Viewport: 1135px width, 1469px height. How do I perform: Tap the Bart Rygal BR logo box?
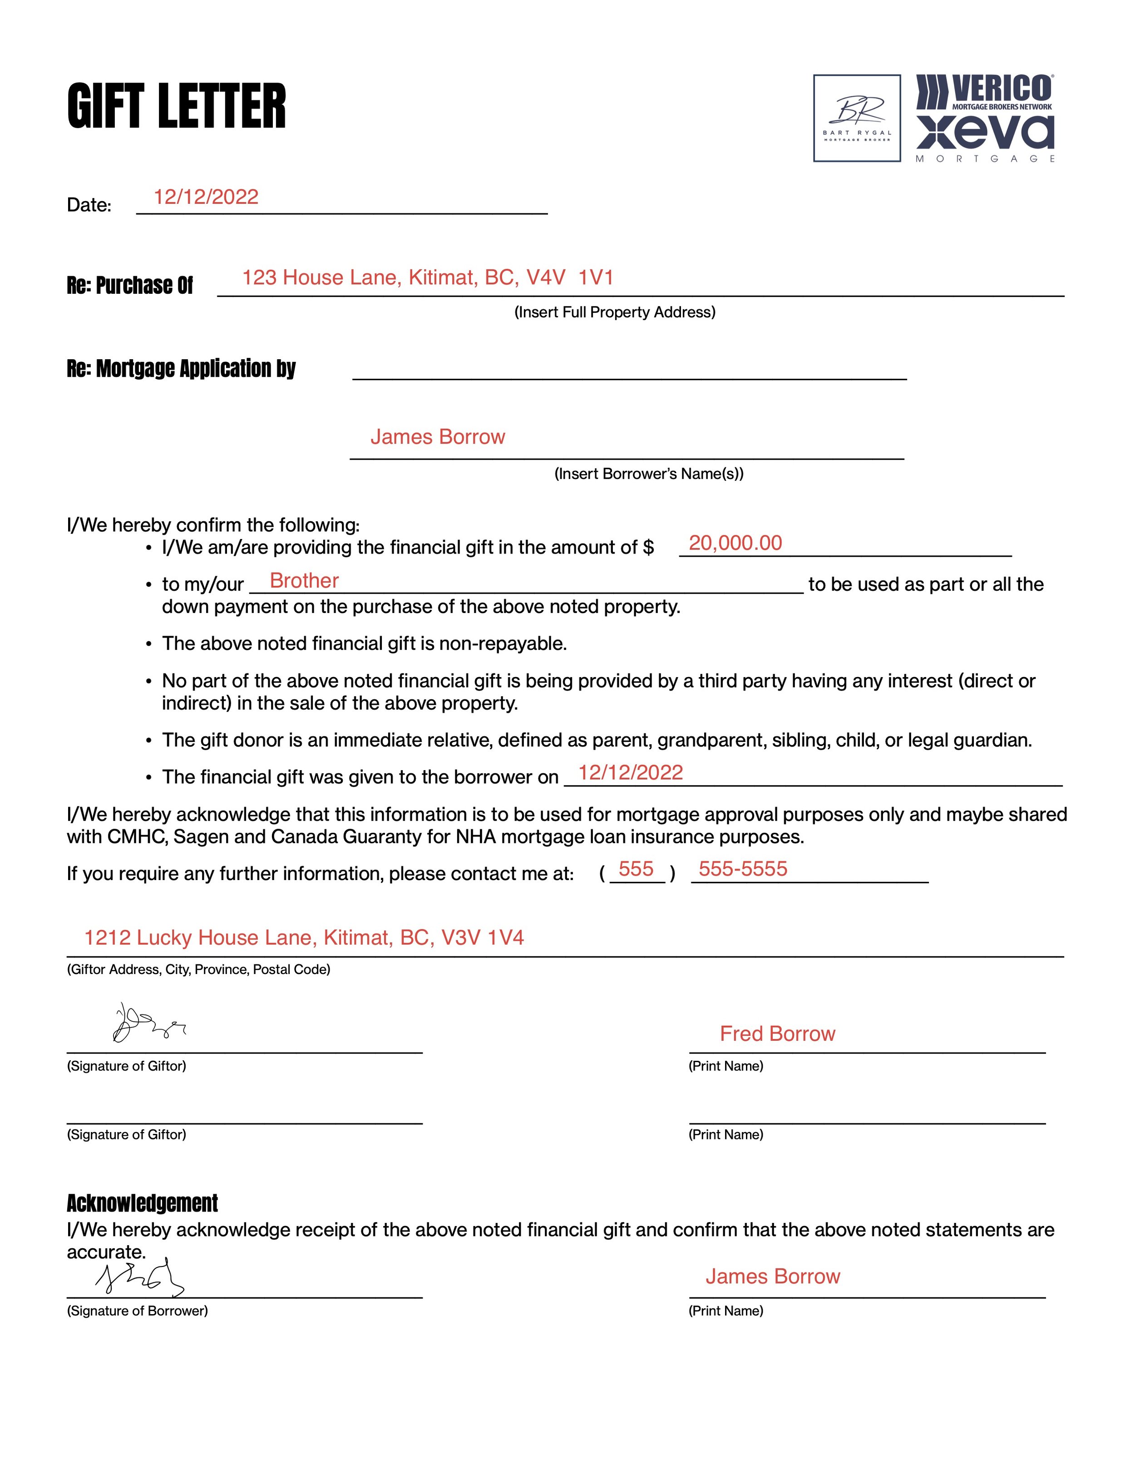point(857,119)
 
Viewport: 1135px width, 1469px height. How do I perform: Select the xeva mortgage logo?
point(985,134)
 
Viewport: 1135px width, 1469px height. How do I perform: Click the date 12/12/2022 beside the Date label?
point(206,197)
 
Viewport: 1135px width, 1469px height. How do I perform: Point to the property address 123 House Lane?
point(428,278)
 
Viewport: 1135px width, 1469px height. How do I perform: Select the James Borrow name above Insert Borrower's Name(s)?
point(437,437)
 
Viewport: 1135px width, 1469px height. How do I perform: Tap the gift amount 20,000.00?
point(735,544)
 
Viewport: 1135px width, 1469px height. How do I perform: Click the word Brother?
point(304,581)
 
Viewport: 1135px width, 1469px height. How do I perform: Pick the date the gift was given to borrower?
point(630,773)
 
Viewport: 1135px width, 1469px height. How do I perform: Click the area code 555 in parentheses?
point(636,869)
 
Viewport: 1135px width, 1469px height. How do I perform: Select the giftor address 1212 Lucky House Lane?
point(304,938)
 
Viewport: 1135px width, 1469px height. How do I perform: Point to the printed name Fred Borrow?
point(777,1034)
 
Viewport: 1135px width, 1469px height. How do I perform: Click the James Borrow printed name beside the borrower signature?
point(773,1276)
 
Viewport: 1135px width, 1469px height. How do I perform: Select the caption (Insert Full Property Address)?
point(615,312)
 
